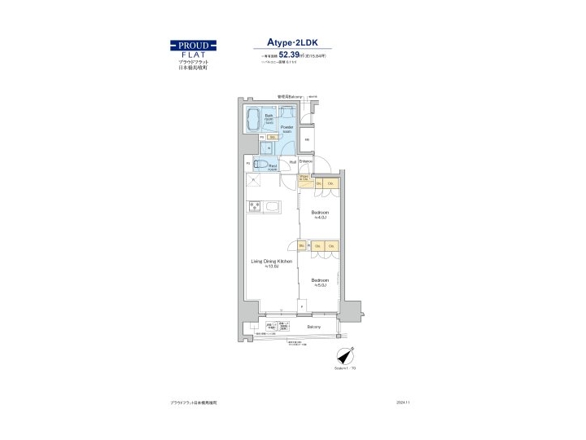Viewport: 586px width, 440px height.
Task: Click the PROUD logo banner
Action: tap(193, 45)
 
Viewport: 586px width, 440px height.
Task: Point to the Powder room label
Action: tap(286, 129)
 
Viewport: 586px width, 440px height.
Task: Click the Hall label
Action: tap(292, 161)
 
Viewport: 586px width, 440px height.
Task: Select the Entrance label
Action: tap(306, 161)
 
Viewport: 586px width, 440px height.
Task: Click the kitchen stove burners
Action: tap(255, 205)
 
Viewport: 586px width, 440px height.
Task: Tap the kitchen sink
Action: tap(269, 205)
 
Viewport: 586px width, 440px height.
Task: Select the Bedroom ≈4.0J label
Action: tap(320, 214)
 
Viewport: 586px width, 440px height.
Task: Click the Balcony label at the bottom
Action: tap(313, 327)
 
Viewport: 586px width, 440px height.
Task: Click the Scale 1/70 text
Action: tap(344, 369)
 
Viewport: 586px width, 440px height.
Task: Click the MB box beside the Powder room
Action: tap(307, 139)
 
